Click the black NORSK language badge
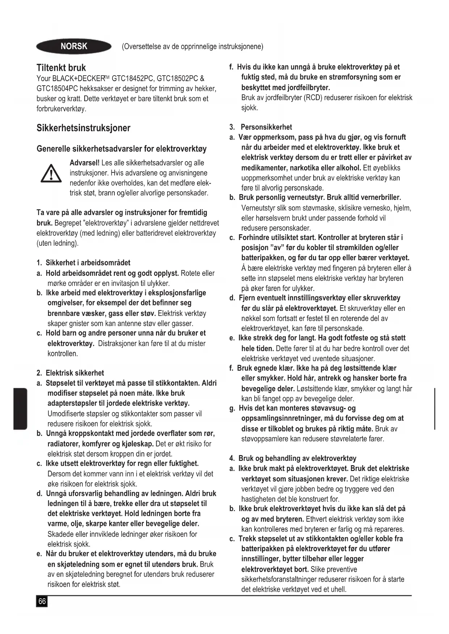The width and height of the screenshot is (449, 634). [74, 46]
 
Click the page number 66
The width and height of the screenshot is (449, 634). [42, 601]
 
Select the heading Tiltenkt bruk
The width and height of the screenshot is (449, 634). [61, 68]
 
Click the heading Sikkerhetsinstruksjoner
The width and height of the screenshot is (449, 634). [83, 128]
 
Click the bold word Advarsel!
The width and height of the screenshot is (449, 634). [85, 163]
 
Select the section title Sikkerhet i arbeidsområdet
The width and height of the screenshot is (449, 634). [88, 263]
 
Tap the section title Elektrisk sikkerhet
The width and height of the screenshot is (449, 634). [75, 373]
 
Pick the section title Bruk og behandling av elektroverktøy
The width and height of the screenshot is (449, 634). [297, 458]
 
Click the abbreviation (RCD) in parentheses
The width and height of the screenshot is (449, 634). [313, 98]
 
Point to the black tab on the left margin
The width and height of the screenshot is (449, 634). [21, 408]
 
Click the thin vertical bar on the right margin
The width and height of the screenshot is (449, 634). [434, 408]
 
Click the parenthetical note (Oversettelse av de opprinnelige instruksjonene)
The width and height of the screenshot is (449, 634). [192, 47]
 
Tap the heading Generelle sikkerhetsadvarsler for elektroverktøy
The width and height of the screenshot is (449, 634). [122, 149]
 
